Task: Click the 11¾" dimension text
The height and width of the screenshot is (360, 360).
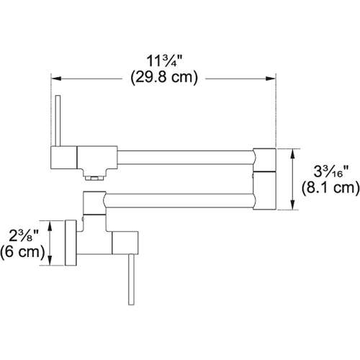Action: click(x=164, y=61)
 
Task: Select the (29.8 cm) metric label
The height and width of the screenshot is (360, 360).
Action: click(x=164, y=78)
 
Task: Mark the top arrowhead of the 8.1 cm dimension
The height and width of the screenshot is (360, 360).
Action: click(x=292, y=151)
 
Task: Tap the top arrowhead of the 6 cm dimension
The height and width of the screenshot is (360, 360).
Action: click(x=49, y=224)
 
